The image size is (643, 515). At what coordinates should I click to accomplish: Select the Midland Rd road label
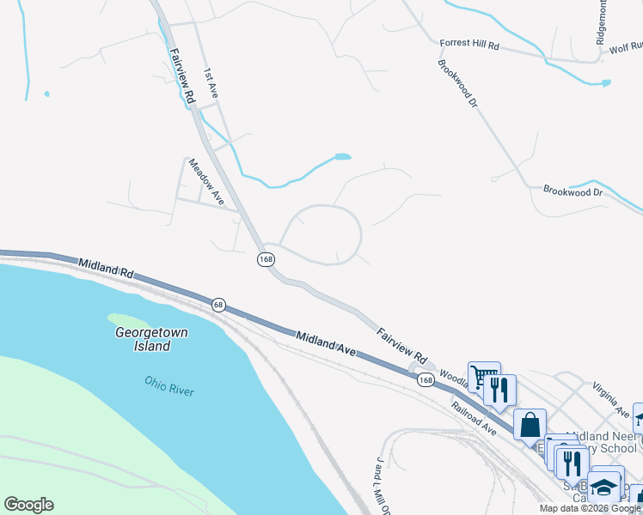point(106,268)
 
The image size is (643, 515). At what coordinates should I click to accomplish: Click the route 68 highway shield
point(218,304)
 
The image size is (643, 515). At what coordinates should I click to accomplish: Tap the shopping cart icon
point(484,377)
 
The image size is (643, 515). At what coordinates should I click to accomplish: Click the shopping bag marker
point(530,424)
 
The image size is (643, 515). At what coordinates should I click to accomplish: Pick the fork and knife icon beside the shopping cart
point(499,390)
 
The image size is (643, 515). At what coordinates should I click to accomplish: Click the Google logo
point(28,505)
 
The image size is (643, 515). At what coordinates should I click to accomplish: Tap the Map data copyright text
point(591,508)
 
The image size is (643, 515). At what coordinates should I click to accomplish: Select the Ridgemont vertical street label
point(601,21)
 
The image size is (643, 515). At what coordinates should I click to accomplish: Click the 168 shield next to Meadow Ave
point(265,258)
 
